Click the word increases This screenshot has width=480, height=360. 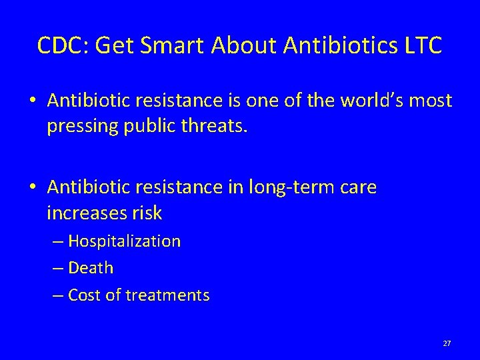(89, 213)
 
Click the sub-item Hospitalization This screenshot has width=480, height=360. (124, 241)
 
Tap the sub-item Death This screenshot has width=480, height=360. (91, 268)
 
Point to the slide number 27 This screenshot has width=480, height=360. (447, 343)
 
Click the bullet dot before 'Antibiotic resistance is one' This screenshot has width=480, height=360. (32, 102)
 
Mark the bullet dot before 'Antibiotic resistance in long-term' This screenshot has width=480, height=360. (32, 189)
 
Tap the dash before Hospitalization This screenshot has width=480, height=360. (59, 241)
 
